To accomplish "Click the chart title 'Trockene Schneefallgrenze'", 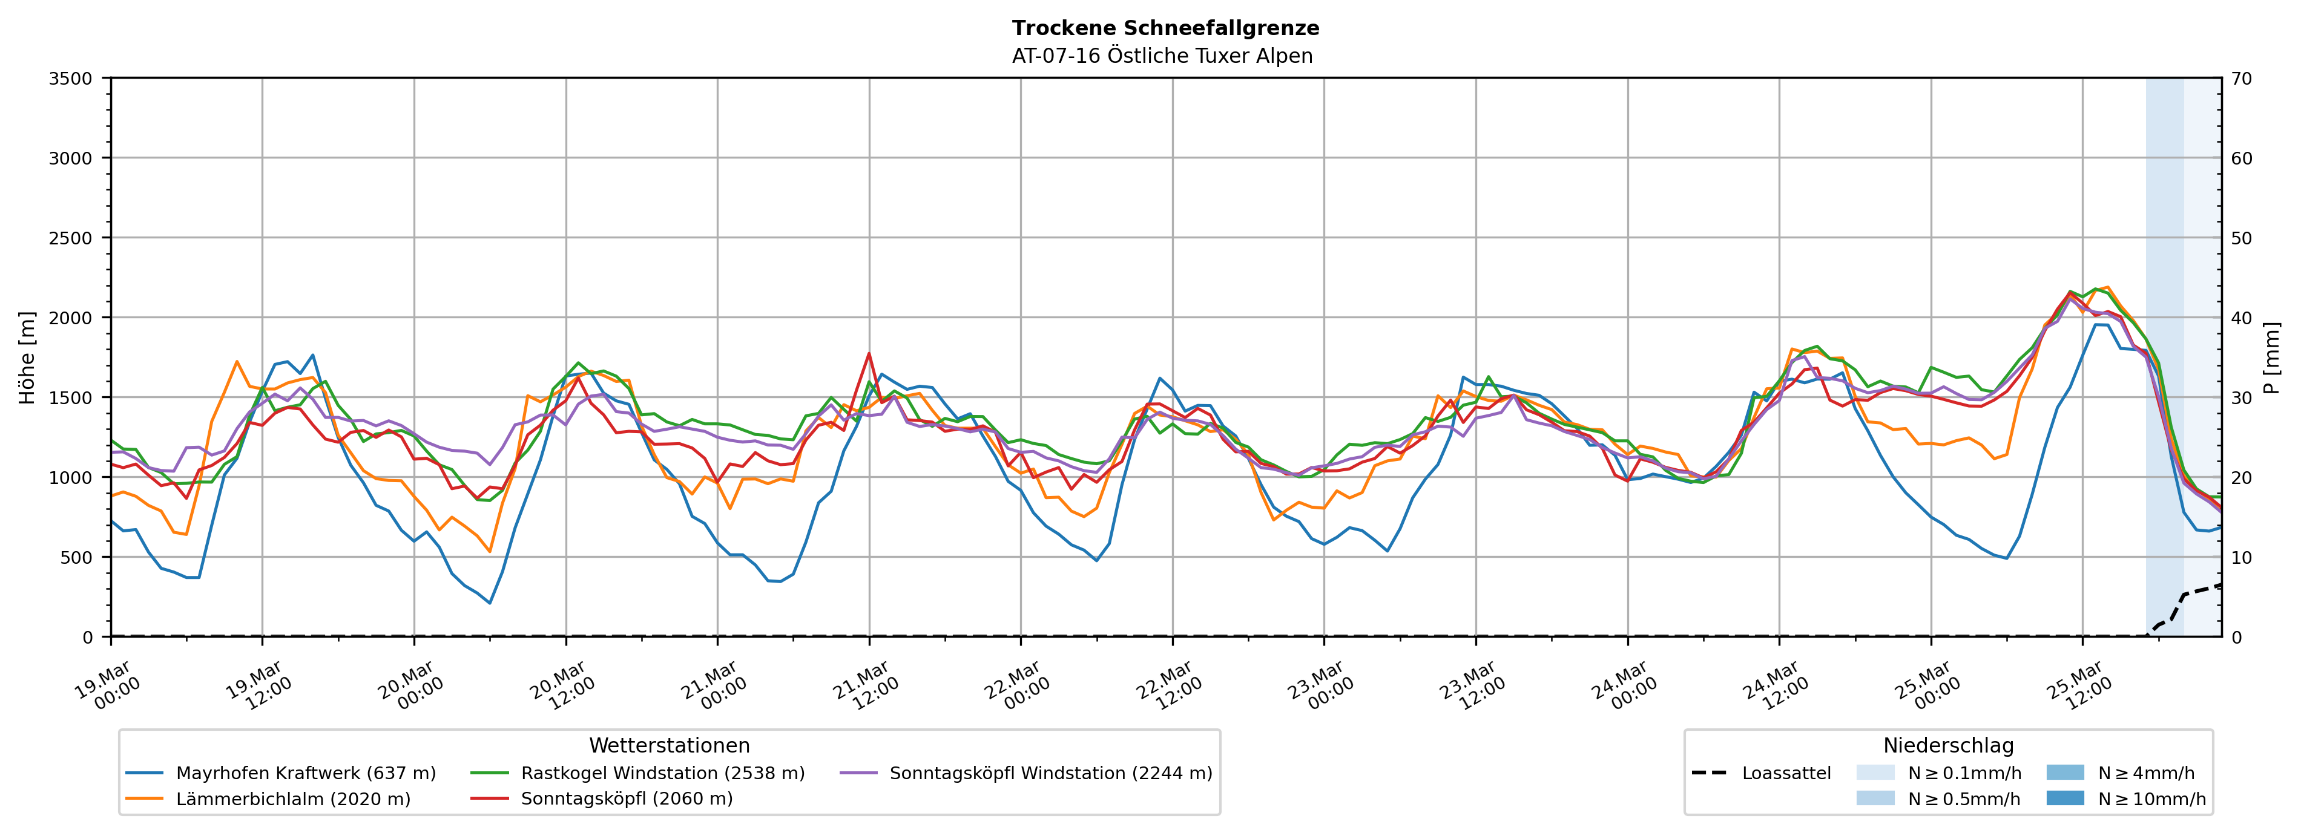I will click(x=1165, y=28).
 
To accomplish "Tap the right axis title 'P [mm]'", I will click(x=2271, y=357).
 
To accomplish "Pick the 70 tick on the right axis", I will click(x=2241, y=79).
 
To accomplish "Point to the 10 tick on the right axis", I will click(x=2241, y=558).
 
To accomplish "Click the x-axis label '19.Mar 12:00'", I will click(x=259, y=685).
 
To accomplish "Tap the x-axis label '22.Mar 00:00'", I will click(x=1018, y=685).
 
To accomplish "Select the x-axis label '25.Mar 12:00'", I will click(x=2079, y=685).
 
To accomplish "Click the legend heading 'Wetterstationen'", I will click(x=669, y=745).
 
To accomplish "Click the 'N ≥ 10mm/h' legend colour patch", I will click(x=2065, y=798).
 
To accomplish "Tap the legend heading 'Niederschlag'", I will click(x=1948, y=745).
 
